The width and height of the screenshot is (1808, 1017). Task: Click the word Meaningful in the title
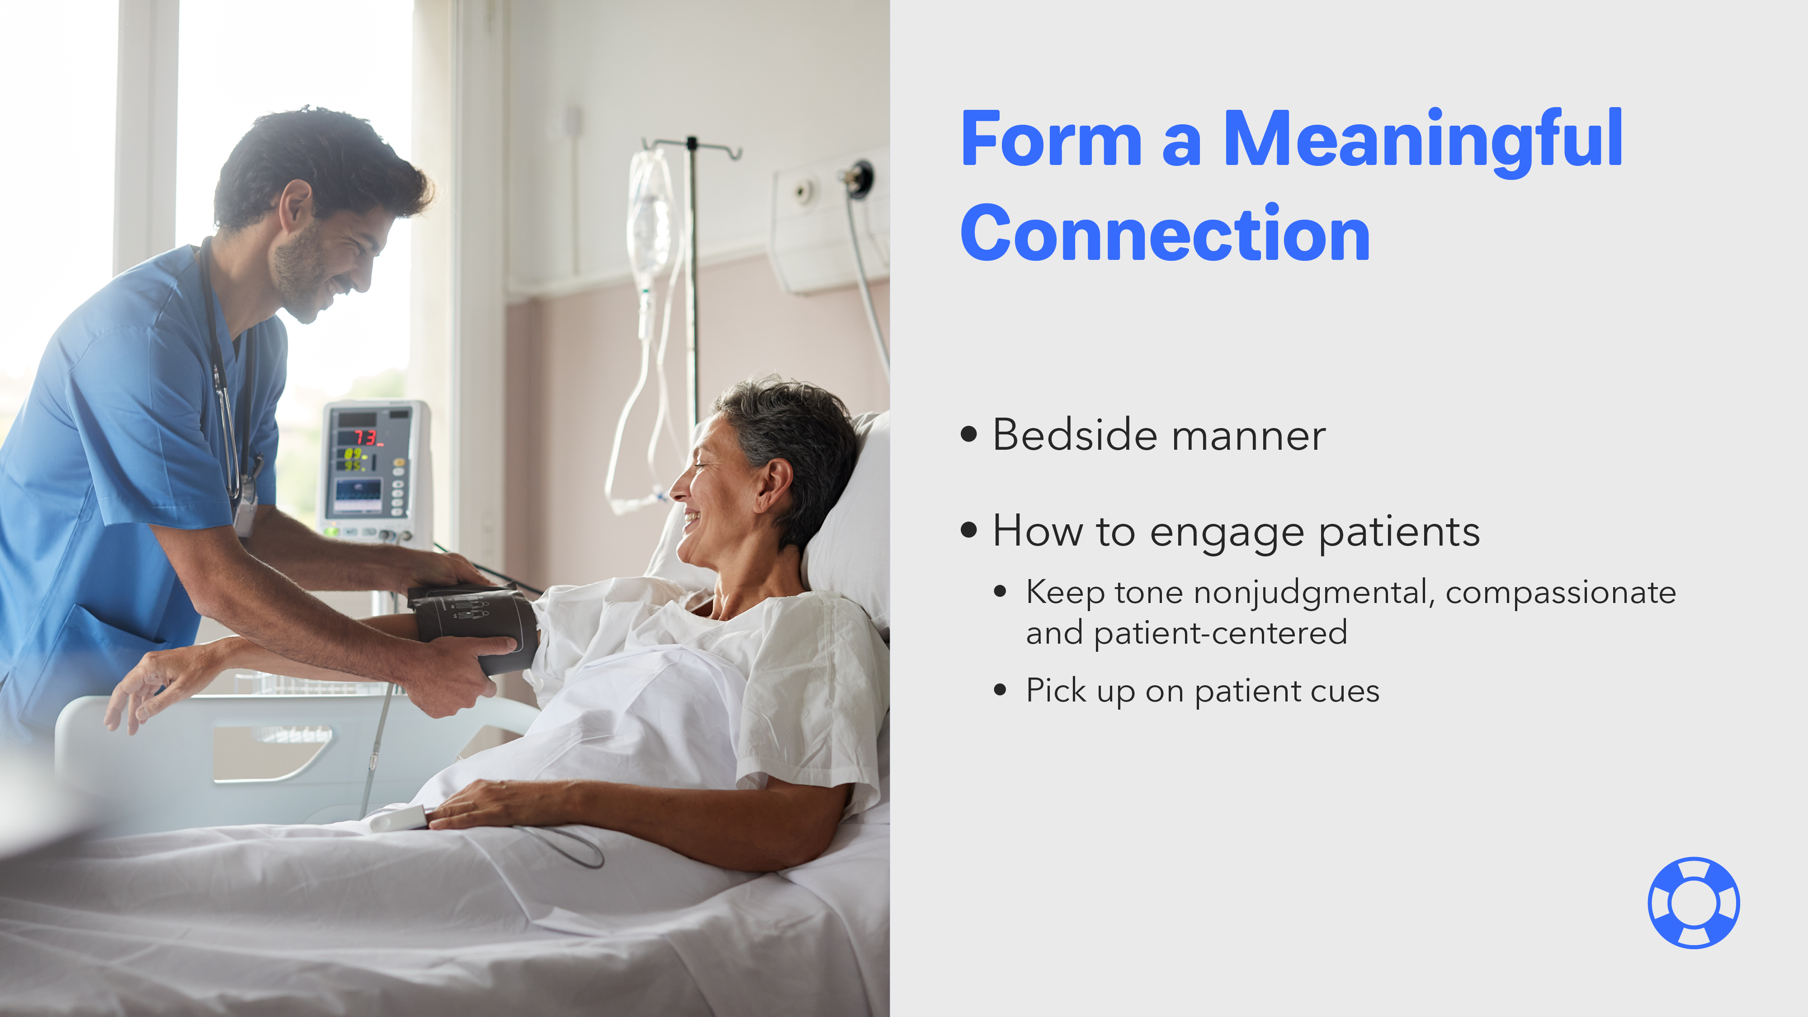click(x=1423, y=141)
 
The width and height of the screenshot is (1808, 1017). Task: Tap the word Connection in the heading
click(x=1165, y=234)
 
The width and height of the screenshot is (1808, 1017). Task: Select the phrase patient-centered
click(x=1221, y=633)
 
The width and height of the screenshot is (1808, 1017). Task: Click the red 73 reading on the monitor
click(x=365, y=438)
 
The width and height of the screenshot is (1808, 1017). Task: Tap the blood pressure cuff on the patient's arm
click(x=477, y=625)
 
